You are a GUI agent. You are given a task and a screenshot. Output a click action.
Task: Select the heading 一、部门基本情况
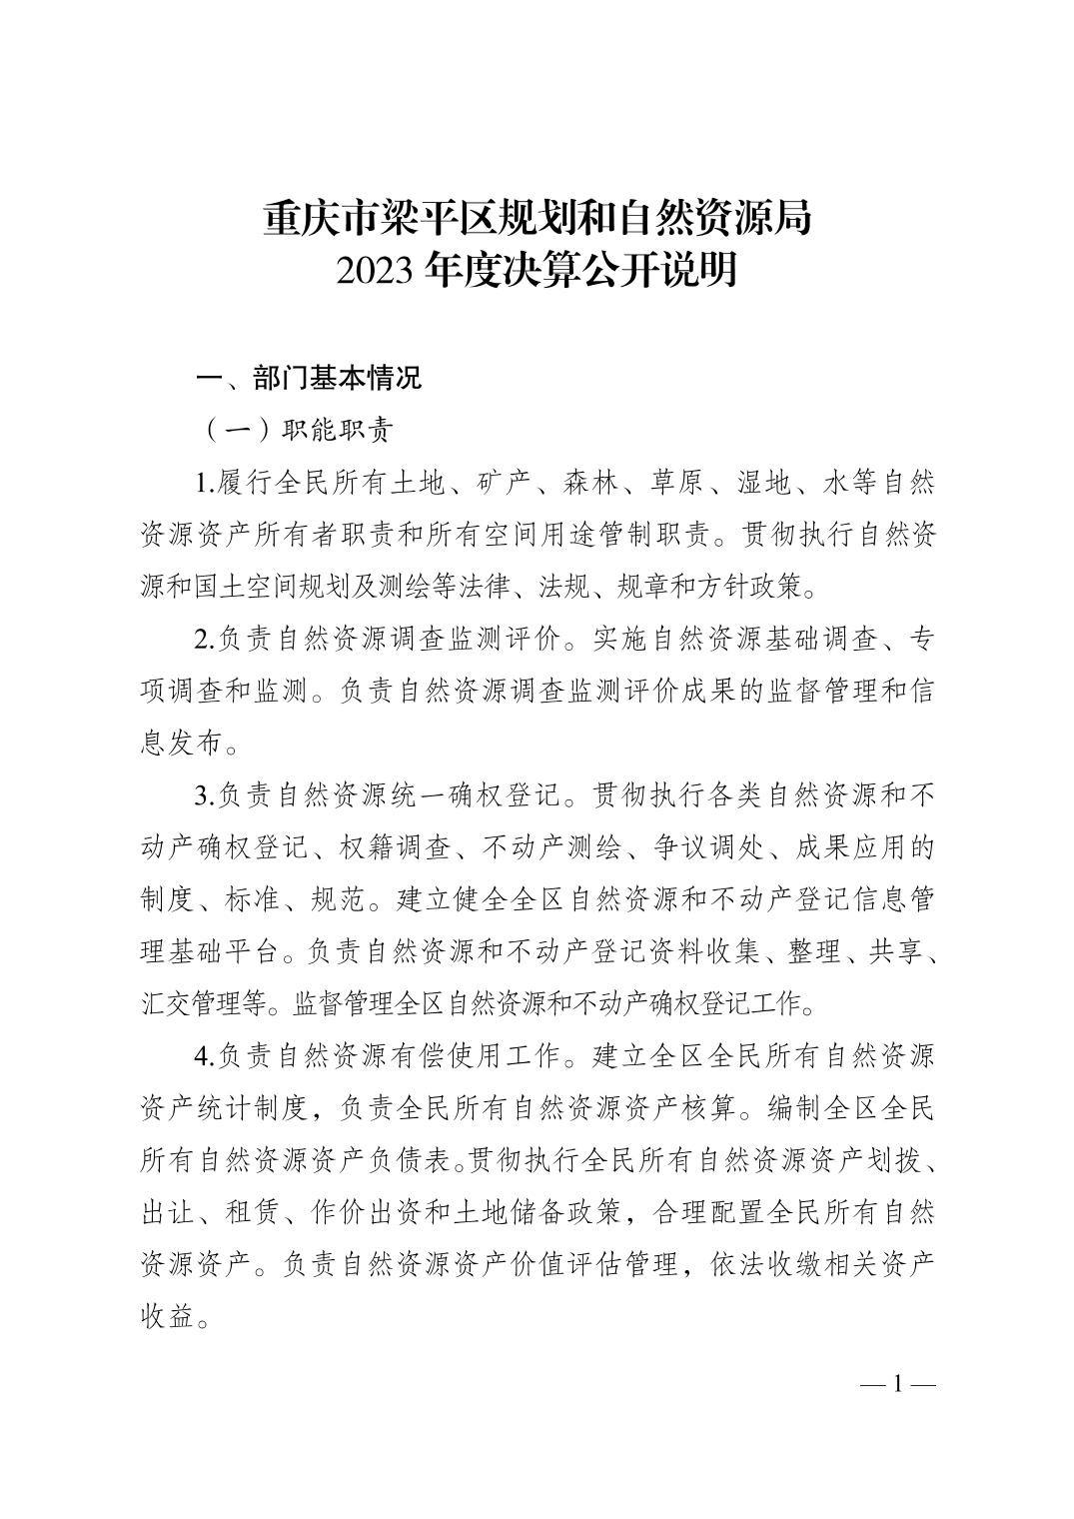[x=310, y=379]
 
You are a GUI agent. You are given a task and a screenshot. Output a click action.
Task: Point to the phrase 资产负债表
[x=397, y=1160]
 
